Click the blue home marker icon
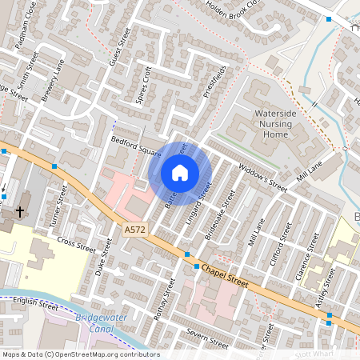click(x=180, y=173)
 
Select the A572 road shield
click(x=135, y=230)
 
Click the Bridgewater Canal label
click(x=96, y=324)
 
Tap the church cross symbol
click(x=20, y=213)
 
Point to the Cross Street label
click(x=76, y=245)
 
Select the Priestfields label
click(x=210, y=81)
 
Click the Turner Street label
click(x=58, y=206)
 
